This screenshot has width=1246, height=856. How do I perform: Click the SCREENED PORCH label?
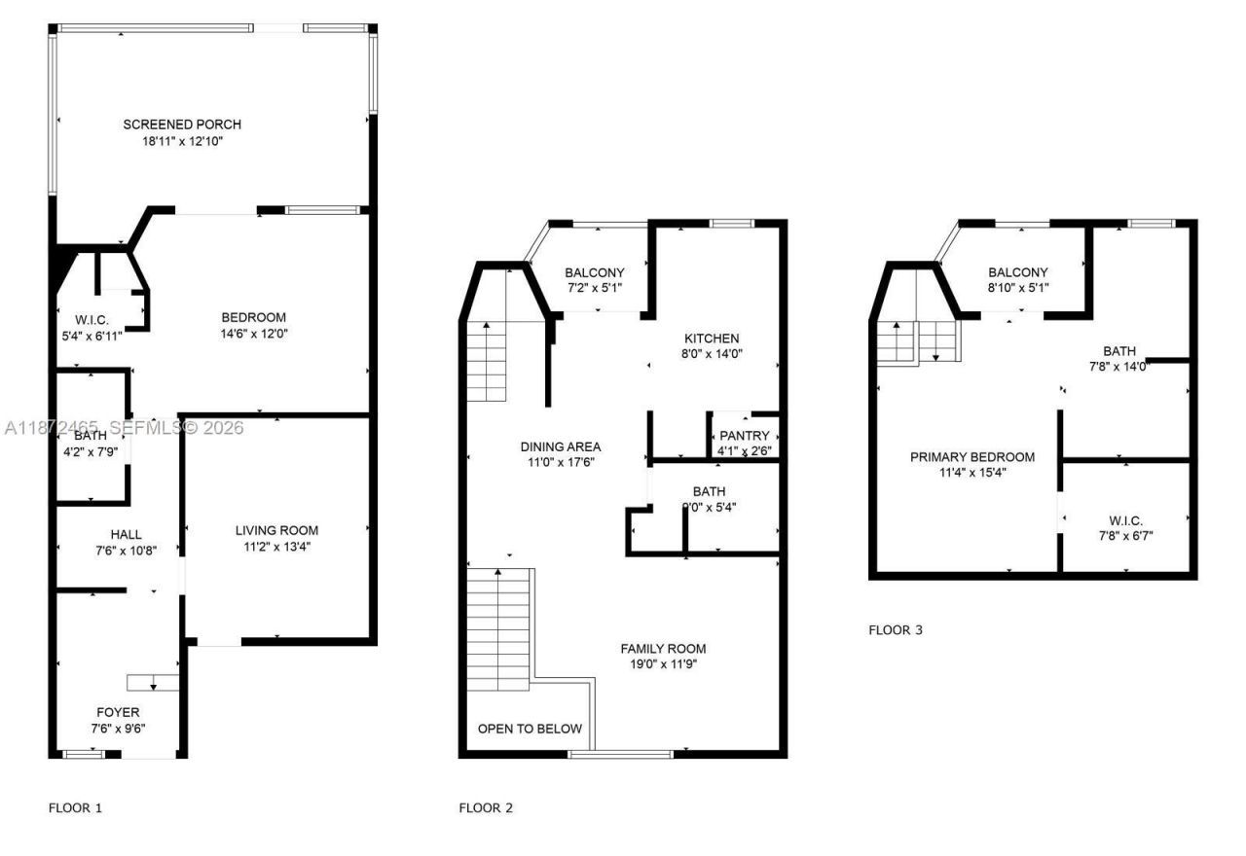point(182,125)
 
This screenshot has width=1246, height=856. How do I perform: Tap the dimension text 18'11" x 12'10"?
point(182,141)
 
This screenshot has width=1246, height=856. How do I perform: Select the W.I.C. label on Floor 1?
point(92,320)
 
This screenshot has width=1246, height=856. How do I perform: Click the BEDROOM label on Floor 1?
point(254,317)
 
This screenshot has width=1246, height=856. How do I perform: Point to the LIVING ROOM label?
point(276,530)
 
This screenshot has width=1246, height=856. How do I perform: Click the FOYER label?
point(118,712)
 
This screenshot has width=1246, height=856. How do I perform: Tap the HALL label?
point(126,534)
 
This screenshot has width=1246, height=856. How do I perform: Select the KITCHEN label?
point(712,339)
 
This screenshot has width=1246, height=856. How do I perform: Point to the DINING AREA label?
point(560,446)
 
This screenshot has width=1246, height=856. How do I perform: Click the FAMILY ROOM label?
point(664,649)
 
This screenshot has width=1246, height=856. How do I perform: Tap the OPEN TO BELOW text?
point(530,729)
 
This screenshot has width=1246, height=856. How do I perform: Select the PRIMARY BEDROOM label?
point(972,456)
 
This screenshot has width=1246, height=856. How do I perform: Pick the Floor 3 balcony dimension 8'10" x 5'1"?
point(1017,289)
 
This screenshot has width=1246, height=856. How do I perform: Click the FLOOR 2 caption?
point(485,807)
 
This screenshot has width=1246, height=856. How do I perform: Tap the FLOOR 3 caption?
point(895,630)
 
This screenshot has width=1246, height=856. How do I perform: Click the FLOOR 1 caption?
point(75,807)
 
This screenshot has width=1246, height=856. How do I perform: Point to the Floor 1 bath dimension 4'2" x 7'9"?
point(91,451)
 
